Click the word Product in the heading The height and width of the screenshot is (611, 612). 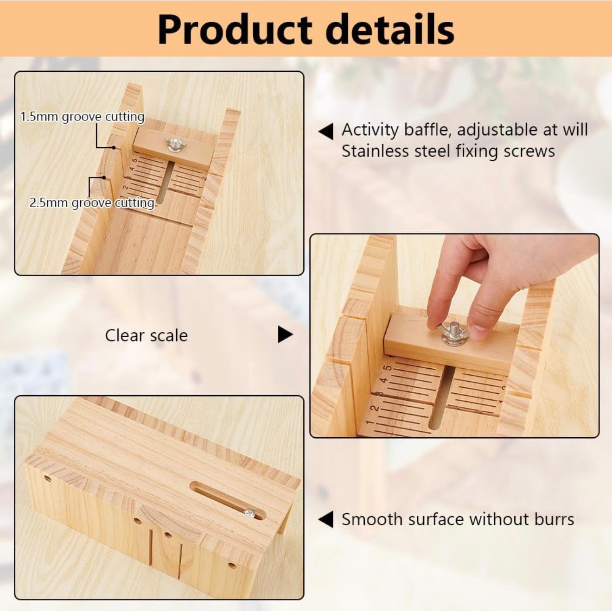(x=235, y=30)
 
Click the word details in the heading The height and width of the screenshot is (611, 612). (x=389, y=29)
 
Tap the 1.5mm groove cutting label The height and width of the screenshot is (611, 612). (x=83, y=117)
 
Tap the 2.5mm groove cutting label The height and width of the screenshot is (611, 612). (x=92, y=202)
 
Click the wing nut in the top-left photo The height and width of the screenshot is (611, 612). (x=174, y=144)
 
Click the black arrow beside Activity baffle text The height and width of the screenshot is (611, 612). (x=325, y=132)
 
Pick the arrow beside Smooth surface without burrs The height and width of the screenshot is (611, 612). (x=325, y=520)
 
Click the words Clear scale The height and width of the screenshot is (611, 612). (x=146, y=335)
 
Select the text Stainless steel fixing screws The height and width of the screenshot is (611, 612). (x=448, y=151)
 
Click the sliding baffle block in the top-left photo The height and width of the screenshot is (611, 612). (x=173, y=147)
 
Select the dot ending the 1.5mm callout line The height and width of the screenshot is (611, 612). (x=114, y=147)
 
